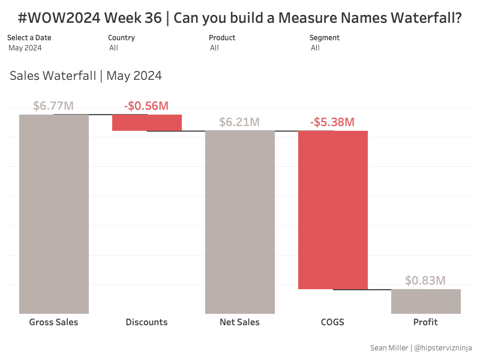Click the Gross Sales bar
[x=54, y=214]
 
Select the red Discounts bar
[x=147, y=122]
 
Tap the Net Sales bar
[x=240, y=222]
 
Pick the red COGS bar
[x=333, y=209]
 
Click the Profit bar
[x=426, y=301]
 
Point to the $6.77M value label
[x=53, y=106]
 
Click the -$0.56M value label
[x=146, y=106]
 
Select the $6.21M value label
[x=239, y=122]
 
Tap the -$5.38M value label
[x=332, y=122]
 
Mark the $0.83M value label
[x=425, y=280]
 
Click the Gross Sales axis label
[x=53, y=322]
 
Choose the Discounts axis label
[x=146, y=322]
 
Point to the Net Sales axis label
[x=239, y=322]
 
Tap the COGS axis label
[x=332, y=322]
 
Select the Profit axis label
[x=425, y=322]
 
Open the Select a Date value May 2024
[x=25, y=48]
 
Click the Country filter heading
[x=121, y=38]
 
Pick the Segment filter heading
[x=325, y=38]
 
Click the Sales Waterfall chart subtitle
[x=86, y=76]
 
